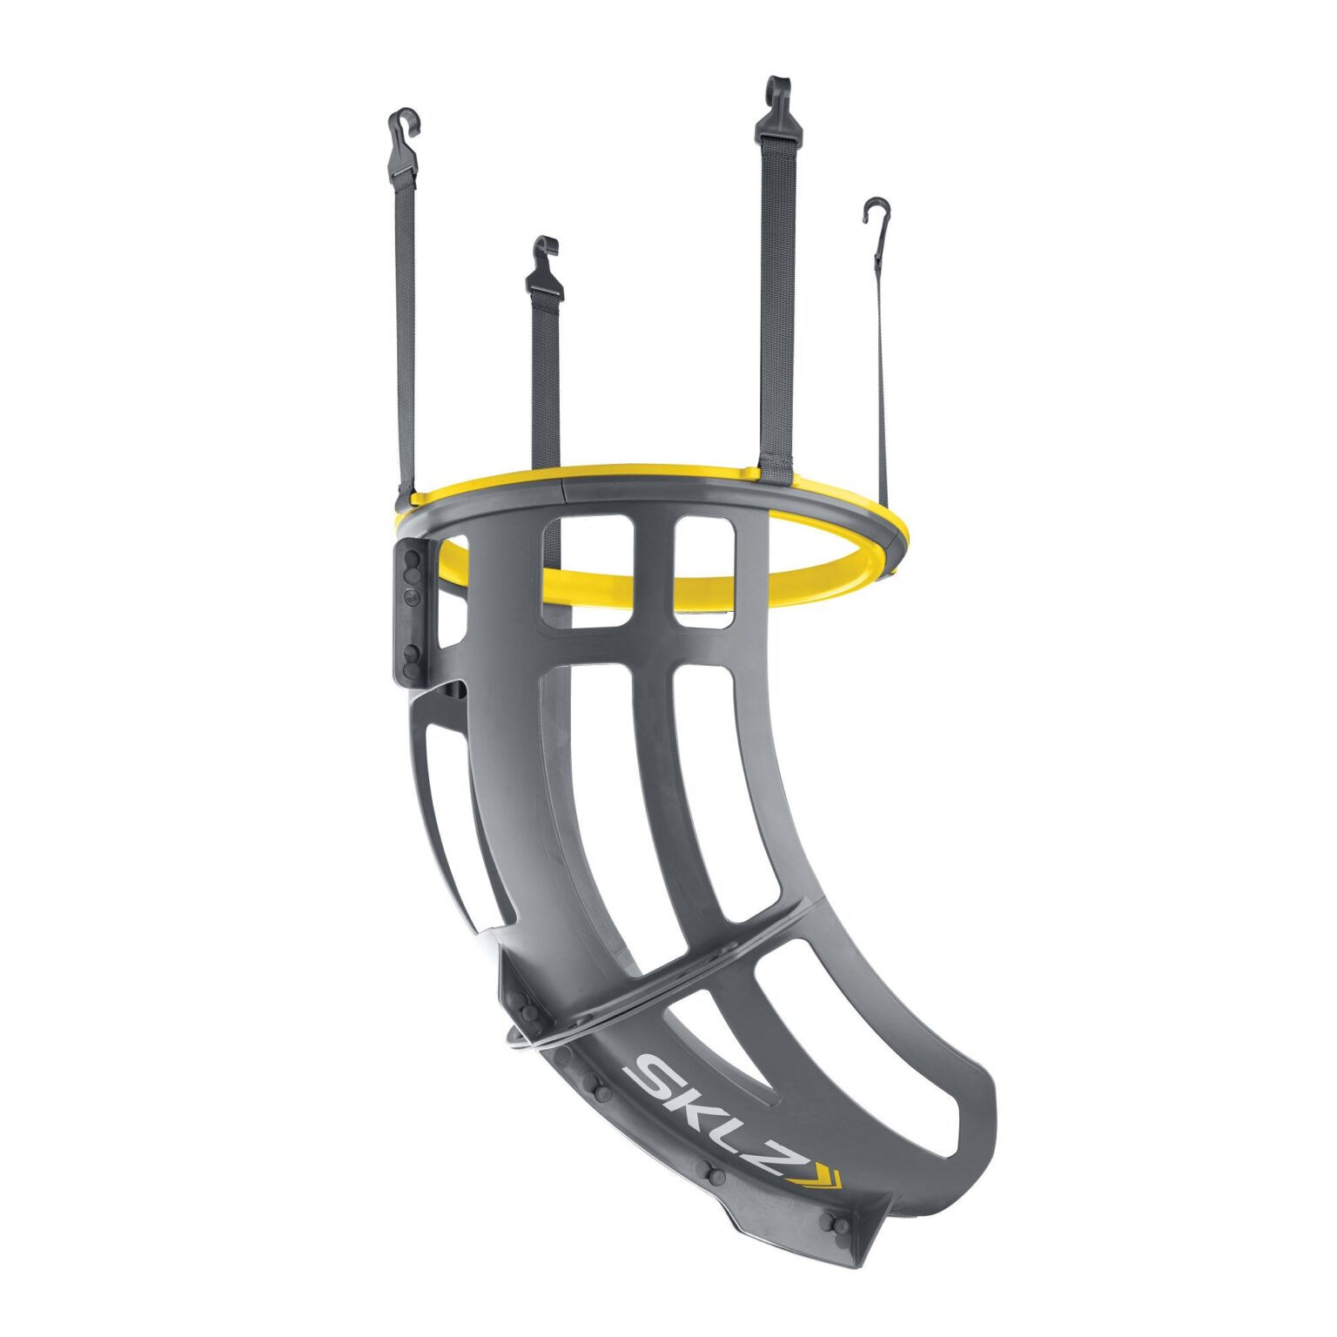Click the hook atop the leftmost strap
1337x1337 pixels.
coord(403,131)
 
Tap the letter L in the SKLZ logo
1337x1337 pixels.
coord(742,1136)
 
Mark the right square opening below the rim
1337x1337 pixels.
coord(704,570)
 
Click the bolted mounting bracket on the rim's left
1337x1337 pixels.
coord(413,609)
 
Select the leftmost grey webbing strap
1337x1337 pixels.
coord(406,331)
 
